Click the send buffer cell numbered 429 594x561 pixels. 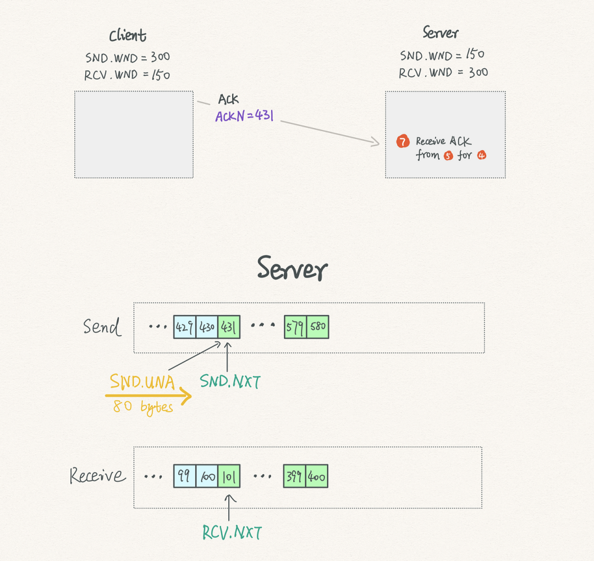coord(185,327)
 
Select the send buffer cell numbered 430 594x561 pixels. coord(207,327)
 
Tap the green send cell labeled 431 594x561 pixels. coord(229,327)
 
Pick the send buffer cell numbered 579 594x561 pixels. coord(295,327)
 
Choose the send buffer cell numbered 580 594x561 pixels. coord(317,327)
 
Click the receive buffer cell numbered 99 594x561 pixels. coord(185,476)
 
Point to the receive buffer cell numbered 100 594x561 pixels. coord(207,476)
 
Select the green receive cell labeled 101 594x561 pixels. coord(229,476)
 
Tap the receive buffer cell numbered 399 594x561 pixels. coord(295,476)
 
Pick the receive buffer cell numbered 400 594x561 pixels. coord(317,476)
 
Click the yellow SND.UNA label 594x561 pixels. coord(142,382)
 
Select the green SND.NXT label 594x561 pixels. coord(230,381)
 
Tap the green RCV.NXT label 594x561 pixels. coord(232,532)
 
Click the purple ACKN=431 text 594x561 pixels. coord(244,115)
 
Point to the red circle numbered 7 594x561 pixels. coord(403,141)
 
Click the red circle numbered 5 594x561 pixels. coord(448,155)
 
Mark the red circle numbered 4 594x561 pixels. coord(481,155)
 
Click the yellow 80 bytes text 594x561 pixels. coord(143,407)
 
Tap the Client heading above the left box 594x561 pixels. coord(128,35)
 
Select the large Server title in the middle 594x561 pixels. coord(292,268)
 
